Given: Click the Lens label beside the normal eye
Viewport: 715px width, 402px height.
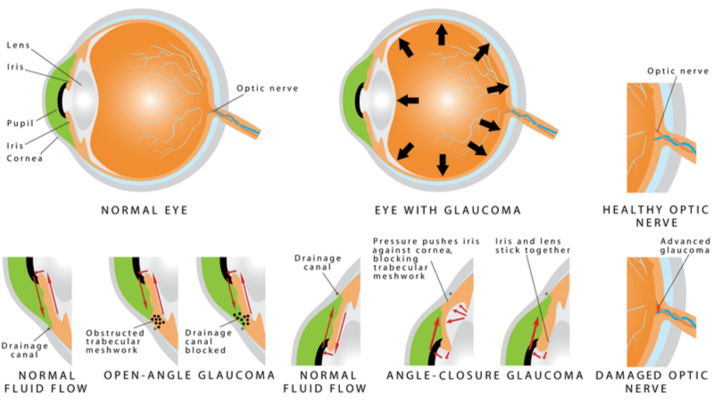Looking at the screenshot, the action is click(18, 46).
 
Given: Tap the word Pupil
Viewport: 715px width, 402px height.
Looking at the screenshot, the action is click(21, 123).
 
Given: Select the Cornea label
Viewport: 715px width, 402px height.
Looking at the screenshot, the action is click(25, 158).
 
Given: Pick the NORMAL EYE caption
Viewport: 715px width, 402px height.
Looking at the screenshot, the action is click(144, 210).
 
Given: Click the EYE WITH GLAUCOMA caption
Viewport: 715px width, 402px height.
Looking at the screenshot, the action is click(448, 210).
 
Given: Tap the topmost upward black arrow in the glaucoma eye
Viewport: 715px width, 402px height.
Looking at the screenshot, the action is click(441, 35).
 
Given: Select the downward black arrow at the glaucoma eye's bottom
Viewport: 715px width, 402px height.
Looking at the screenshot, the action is click(442, 164).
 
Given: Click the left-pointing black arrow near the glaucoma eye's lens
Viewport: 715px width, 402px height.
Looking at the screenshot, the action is click(408, 100).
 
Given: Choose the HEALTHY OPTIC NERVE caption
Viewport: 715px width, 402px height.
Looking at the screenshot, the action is click(656, 216).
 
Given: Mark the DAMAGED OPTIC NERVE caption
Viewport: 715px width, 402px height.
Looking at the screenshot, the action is click(653, 382).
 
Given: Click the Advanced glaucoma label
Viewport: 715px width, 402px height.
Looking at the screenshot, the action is click(685, 246).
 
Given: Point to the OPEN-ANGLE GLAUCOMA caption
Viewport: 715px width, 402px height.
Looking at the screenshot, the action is click(190, 375).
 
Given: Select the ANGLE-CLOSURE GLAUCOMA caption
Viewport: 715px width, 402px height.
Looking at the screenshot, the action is click(486, 375).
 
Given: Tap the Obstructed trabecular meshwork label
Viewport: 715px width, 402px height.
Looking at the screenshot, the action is click(114, 341).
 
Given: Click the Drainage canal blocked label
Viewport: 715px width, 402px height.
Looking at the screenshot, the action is click(208, 341).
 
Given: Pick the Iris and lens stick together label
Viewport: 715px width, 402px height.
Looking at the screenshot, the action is click(533, 246).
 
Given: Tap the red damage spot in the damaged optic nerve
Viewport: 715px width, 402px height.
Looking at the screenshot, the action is click(658, 309).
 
